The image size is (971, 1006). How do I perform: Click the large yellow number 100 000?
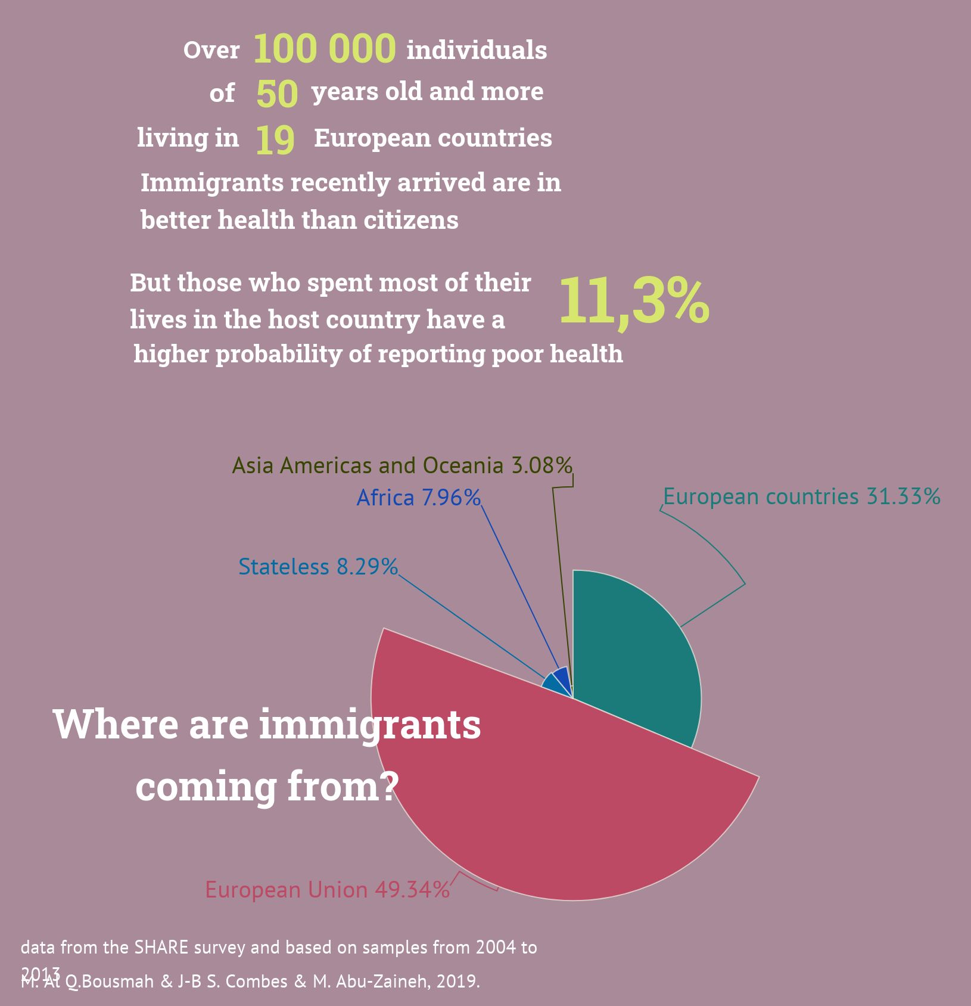(325, 49)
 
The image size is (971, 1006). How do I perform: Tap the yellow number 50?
(277, 94)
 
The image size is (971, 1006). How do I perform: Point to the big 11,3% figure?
(634, 301)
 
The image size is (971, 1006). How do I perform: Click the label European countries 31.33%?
(801, 496)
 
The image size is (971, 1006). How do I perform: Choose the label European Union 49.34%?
(327, 890)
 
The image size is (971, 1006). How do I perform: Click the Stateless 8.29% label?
(318, 567)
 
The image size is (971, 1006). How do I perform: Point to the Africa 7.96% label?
(418, 498)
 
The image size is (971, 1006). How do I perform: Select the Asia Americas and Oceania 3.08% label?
(402, 465)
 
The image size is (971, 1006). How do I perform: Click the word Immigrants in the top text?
(212, 183)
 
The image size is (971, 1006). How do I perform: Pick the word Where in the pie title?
(116, 725)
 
